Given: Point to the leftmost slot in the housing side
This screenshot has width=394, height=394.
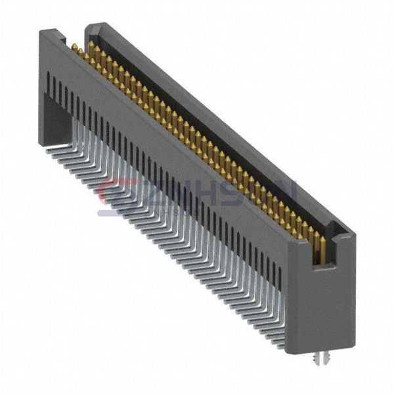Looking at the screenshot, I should (x=49, y=83).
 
